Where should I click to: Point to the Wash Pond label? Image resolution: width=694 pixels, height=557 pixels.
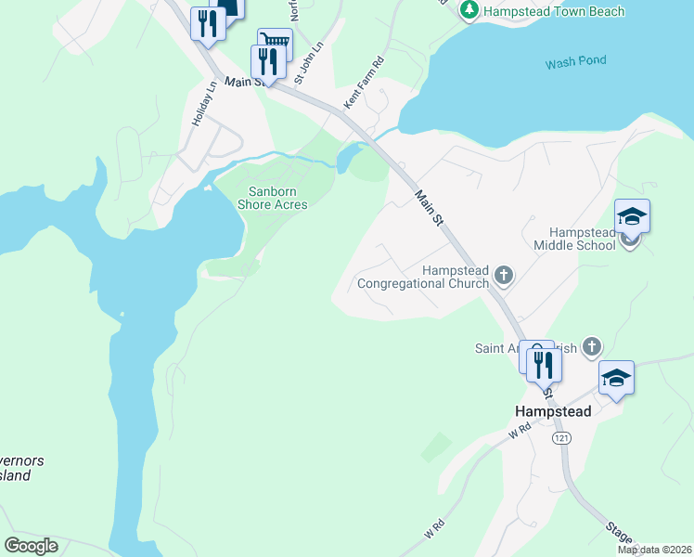tap(575, 62)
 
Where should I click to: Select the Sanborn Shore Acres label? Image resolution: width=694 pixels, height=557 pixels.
tap(273, 198)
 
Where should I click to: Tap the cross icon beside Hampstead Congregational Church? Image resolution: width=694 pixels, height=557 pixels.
tap(504, 274)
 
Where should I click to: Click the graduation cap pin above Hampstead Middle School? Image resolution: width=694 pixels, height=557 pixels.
tap(632, 217)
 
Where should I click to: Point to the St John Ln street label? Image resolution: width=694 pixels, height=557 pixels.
tap(310, 62)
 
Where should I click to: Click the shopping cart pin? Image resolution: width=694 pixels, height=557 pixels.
tap(275, 42)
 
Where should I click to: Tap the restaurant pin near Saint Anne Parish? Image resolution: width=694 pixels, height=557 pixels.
tap(544, 364)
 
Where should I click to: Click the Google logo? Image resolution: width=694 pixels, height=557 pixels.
tap(32, 546)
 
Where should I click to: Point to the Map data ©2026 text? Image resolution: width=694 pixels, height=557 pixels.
tap(654, 550)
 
